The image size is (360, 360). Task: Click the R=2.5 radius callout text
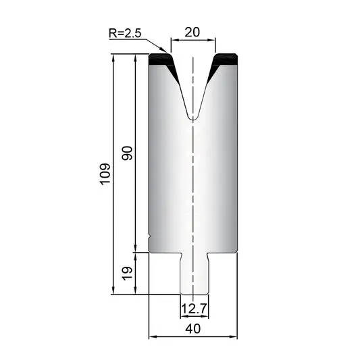(125, 33)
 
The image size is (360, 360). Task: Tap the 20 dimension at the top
(192, 32)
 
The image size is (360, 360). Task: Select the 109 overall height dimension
(105, 174)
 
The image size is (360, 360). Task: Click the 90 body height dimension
(127, 153)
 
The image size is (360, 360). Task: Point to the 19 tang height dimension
(127, 274)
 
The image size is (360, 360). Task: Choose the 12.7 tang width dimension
(195, 309)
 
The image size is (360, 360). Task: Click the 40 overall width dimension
(193, 328)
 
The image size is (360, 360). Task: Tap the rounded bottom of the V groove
(193, 117)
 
